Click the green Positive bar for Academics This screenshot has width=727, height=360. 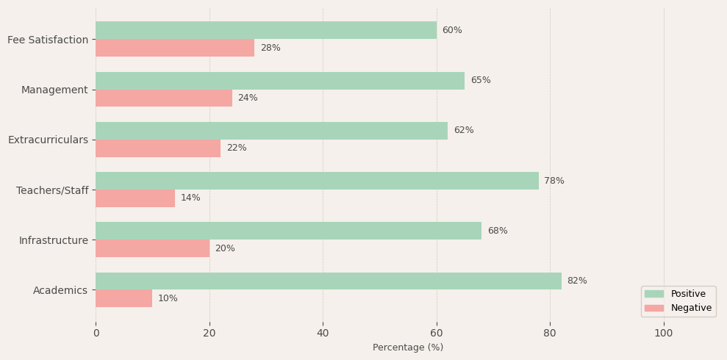point(328,281)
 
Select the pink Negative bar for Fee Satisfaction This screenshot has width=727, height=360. point(175,48)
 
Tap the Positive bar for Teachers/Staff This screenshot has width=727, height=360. point(317,181)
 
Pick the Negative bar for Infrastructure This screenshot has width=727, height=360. point(152,248)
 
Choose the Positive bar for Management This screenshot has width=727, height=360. point(280,81)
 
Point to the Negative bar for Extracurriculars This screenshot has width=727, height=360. point(158,148)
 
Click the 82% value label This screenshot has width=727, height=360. point(577,281)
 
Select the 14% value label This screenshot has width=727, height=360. point(190,198)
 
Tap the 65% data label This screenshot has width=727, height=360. point(481,81)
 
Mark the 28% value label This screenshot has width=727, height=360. point(271,48)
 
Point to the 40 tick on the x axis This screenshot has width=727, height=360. point(323,333)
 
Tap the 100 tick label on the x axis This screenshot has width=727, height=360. point(664,333)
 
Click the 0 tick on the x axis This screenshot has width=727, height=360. point(96,333)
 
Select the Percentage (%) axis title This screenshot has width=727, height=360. point(408,348)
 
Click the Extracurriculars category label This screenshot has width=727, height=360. point(48,140)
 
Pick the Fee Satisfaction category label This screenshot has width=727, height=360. point(48,40)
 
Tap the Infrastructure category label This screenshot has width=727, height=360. point(54,240)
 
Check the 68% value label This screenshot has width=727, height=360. point(498,231)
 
